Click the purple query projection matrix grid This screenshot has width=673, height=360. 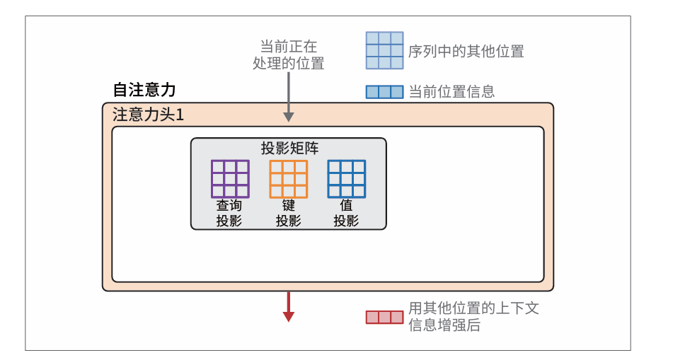pos(230,179)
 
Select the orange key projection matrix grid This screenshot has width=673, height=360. pos(288,179)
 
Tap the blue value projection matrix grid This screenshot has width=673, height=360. pos(346,179)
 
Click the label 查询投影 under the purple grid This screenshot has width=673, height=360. pos(229,213)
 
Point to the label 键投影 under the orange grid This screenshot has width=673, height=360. pos(288,213)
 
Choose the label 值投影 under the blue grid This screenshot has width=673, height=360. pos(346,213)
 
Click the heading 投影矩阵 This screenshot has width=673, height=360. pos(289,148)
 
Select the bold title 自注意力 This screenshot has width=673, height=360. pos(144,90)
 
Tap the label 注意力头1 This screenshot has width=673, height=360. pos(148,115)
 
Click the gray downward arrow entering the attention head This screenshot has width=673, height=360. pos(288,99)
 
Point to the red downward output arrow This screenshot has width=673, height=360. pos(288,307)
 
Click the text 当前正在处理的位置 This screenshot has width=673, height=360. pos(288,54)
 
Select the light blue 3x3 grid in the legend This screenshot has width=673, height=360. pos(384,50)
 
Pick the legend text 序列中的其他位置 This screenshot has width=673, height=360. pos(466,51)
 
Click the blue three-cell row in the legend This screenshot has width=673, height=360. pos(384,92)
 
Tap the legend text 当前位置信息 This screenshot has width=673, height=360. pos(451,91)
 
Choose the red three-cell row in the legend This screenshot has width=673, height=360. pos(384,317)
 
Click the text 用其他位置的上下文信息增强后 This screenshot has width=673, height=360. pos(473,316)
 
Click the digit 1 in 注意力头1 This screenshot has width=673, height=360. pos(180,115)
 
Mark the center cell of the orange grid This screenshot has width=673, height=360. pos(288,179)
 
